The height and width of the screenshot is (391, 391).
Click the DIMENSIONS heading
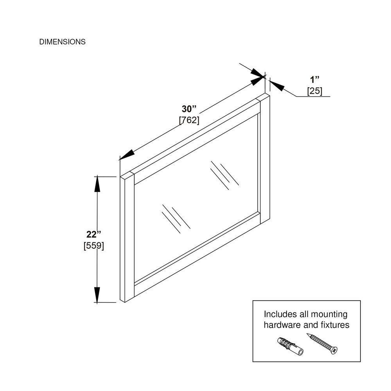62,42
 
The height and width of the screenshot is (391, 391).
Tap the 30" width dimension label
189,109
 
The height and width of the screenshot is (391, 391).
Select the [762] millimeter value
189,120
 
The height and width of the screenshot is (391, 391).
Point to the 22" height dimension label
94,234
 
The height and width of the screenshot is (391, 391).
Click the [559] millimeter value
94,246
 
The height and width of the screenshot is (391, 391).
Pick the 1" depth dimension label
315,80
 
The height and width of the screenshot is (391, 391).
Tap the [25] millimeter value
315,91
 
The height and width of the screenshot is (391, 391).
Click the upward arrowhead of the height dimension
97,184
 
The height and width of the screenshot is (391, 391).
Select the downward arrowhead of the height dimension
97,295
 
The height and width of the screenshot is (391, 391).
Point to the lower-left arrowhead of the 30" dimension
127,156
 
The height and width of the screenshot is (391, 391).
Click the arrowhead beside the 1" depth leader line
277,85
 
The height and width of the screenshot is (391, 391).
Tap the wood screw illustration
322,344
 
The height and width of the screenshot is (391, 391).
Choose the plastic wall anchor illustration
290,346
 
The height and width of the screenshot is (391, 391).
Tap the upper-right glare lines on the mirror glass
224,175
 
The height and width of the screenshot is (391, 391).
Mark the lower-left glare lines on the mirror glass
176,219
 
